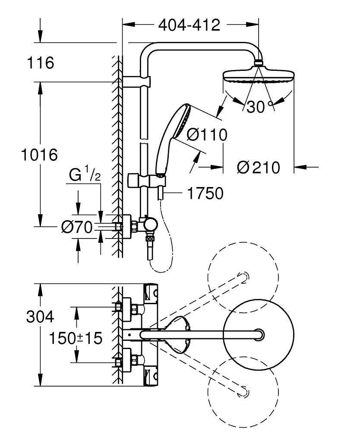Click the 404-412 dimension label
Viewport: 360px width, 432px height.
(x=189, y=25)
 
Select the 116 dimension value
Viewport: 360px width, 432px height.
(x=41, y=63)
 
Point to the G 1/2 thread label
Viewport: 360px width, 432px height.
(x=85, y=175)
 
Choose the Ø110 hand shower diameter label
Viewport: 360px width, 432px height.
(x=207, y=135)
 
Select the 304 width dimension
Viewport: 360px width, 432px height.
(x=40, y=317)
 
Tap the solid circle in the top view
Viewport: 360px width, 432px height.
(x=259, y=334)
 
